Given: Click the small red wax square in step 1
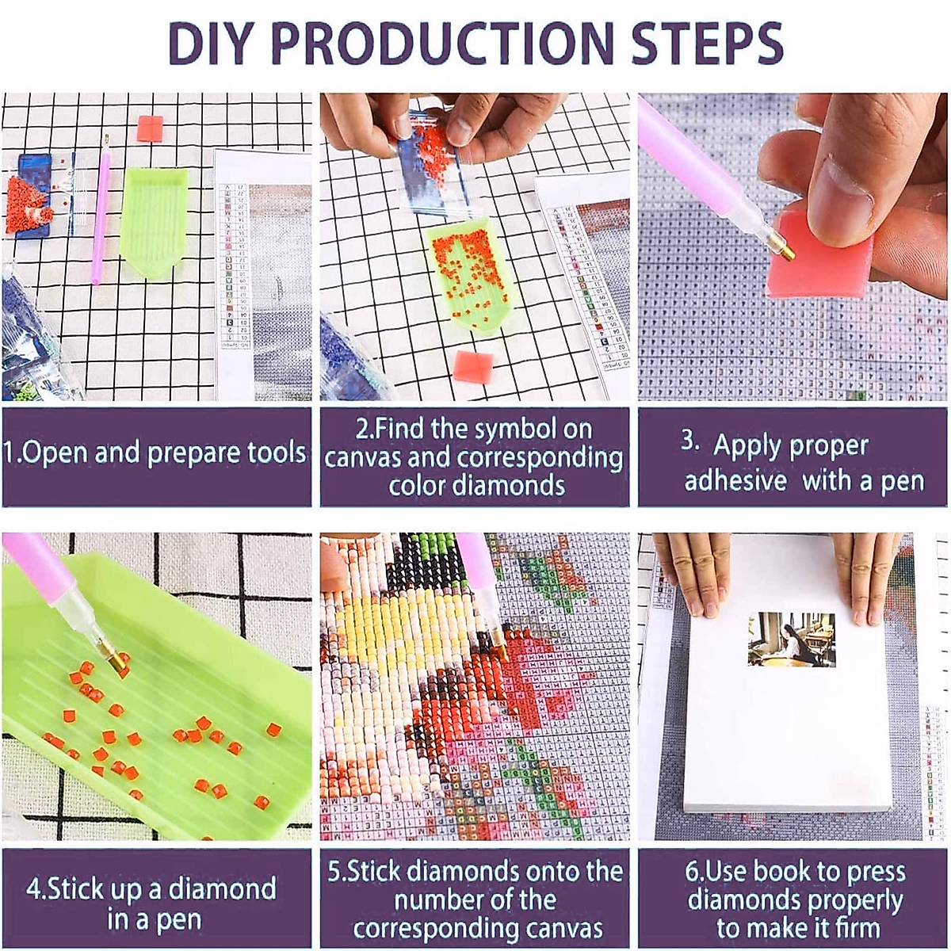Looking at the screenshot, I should coord(149,128).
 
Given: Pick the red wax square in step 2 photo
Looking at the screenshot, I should coord(474,366).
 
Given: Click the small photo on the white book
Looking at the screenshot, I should coord(791,639).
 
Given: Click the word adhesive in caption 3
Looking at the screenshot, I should coord(735,480).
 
